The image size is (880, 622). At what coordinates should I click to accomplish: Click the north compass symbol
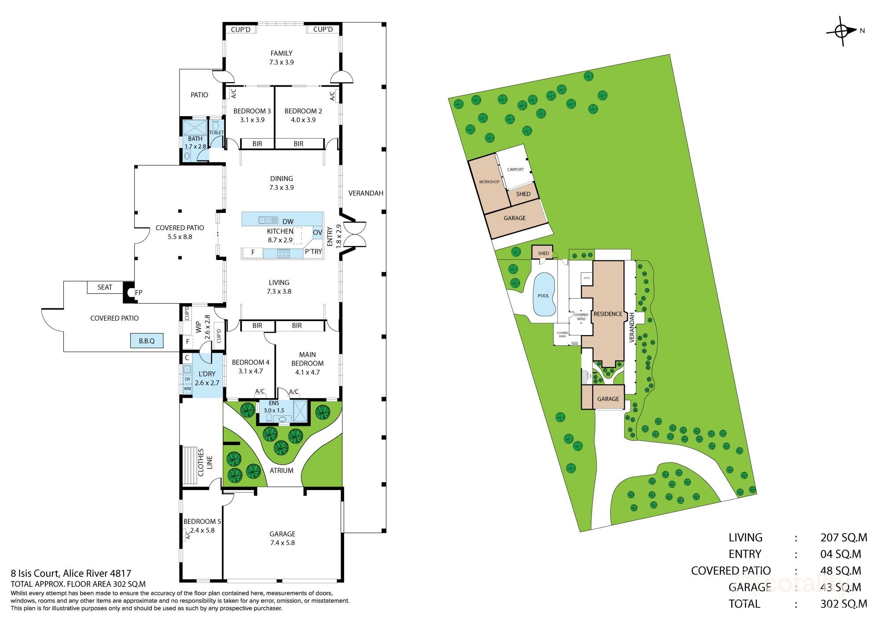pyautogui.click(x=842, y=31)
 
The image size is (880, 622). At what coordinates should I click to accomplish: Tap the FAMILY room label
pyautogui.click(x=282, y=53)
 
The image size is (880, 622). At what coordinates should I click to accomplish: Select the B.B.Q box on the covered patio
pyautogui.click(x=147, y=341)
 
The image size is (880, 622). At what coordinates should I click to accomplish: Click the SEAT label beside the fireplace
pyautogui.click(x=105, y=287)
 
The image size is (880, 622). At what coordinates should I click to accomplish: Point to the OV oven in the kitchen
pyautogui.click(x=317, y=232)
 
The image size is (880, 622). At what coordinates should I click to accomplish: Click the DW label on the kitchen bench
pyautogui.click(x=288, y=221)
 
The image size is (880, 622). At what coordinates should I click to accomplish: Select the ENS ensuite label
pyautogui.click(x=274, y=403)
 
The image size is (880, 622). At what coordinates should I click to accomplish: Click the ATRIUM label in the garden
pyautogui.click(x=282, y=470)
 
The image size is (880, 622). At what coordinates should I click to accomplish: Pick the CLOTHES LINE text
pyautogui.click(x=205, y=462)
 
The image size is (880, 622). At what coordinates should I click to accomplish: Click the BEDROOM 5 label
pyautogui.click(x=202, y=521)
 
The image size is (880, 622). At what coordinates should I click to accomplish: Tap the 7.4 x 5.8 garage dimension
pyautogui.click(x=282, y=542)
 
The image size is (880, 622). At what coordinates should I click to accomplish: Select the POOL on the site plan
pyautogui.click(x=544, y=295)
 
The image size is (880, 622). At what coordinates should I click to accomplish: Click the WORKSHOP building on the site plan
pyautogui.click(x=489, y=182)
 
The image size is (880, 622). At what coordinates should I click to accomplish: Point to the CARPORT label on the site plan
pyautogui.click(x=515, y=169)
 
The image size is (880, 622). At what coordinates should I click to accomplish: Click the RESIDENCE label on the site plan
pyautogui.click(x=608, y=314)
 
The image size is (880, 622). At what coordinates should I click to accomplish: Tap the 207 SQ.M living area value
pyautogui.click(x=843, y=537)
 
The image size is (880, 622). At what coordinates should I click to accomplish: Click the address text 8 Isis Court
pyautogui.click(x=70, y=573)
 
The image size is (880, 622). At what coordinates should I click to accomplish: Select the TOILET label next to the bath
pyautogui.click(x=216, y=132)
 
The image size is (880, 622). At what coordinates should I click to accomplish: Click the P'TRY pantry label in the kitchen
pyautogui.click(x=313, y=251)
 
